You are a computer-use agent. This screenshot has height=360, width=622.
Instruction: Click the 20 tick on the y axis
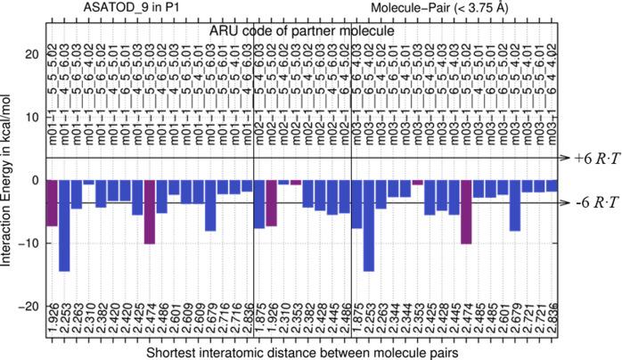pos(33,54)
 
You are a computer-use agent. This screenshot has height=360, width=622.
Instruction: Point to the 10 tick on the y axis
pos(33,117)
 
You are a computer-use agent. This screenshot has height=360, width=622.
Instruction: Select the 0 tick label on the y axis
pos(37,180)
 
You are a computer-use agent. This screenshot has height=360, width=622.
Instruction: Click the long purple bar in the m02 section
pos(272,203)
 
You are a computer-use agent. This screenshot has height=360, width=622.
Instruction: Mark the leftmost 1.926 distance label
pos(52,316)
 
